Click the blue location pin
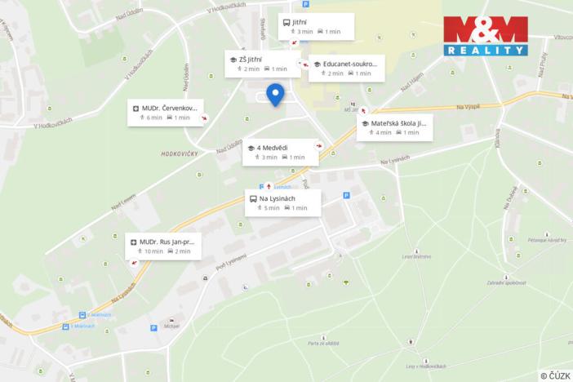(x=275, y=95)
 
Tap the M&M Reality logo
(x=486, y=36)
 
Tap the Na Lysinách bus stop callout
(x=282, y=203)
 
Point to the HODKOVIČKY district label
(x=180, y=153)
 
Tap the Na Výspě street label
(x=468, y=106)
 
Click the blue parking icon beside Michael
(x=153, y=328)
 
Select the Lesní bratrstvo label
(x=416, y=256)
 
